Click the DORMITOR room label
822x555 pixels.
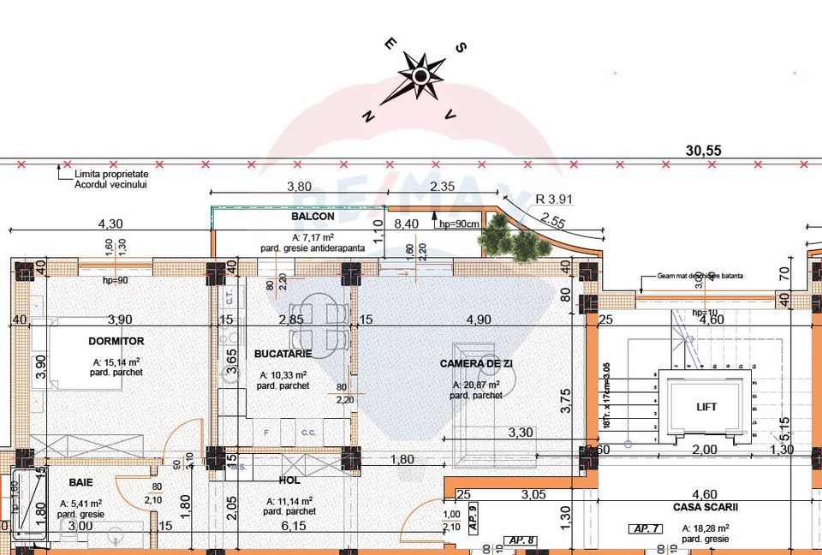[x=116, y=341]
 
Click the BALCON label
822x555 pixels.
[x=313, y=217]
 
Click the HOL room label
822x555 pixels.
[x=289, y=481]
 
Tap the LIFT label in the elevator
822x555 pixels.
[x=706, y=407]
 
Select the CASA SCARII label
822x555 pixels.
[x=704, y=507]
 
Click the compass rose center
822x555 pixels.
[x=420, y=76]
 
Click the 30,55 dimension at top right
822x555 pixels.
[x=704, y=150]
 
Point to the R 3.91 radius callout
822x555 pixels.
[x=553, y=199]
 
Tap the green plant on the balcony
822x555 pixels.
[x=514, y=240]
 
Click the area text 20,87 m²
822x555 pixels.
[x=477, y=385]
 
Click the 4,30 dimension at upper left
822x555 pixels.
[x=111, y=224]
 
